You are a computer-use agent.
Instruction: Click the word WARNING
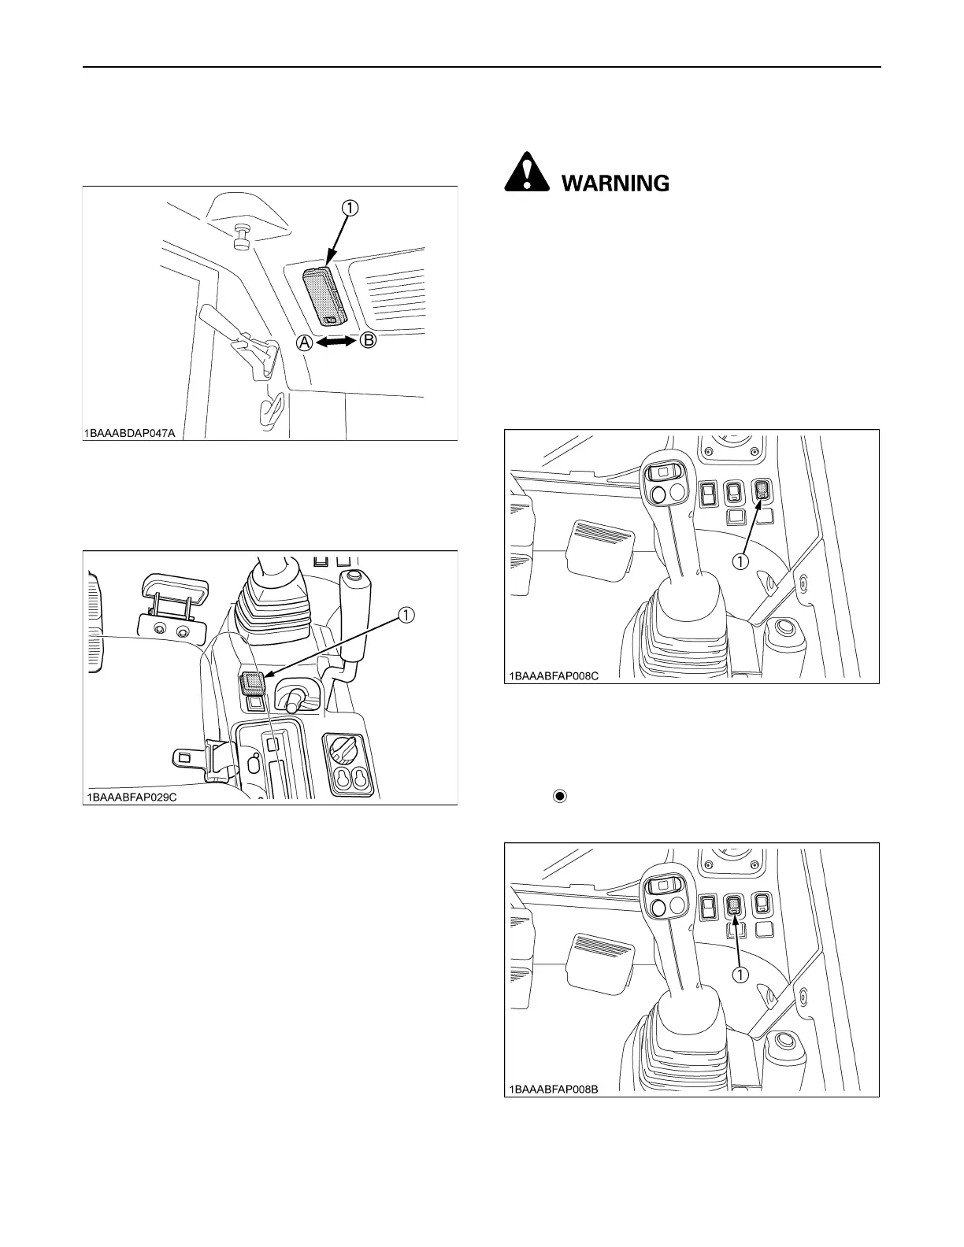tap(614, 183)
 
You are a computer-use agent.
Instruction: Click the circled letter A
tap(304, 343)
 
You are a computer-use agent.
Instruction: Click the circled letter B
tap(369, 342)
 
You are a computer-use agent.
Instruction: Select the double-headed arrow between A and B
tap(336, 342)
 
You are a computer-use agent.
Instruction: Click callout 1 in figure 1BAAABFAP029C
tap(406, 616)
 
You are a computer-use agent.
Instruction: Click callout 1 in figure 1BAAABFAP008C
tap(740, 562)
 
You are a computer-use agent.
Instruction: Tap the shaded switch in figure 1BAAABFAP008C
tap(762, 491)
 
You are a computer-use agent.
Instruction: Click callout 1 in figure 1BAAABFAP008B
tap(740, 974)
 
